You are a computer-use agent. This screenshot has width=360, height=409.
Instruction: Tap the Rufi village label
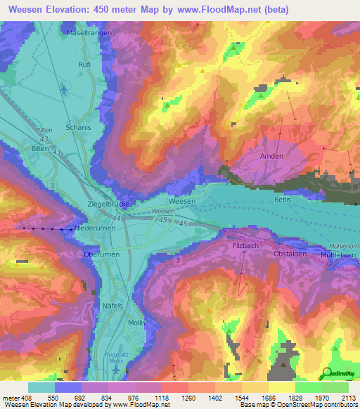click(84, 64)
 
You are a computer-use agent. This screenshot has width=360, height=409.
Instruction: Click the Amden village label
click(271, 156)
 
